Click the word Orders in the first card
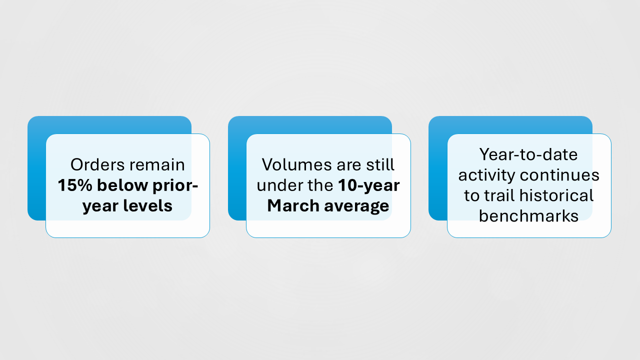click(x=97, y=165)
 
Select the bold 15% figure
click(x=75, y=185)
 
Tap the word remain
click(x=157, y=165)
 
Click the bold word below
click(x=122, y=185)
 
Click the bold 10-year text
click(x=369, y=186)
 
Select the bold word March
click(x=293, y=205)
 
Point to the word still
click(x=380, y=165)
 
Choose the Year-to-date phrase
click(x=528, y=154)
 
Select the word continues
click(x=559, y=175)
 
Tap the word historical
click(x=556, y=195)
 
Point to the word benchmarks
click(x=528, y=216)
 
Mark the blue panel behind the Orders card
click(x=36, y=168)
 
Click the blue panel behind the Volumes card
click(x=237, y=168)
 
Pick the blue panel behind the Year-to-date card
click(x=437, y=168)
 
